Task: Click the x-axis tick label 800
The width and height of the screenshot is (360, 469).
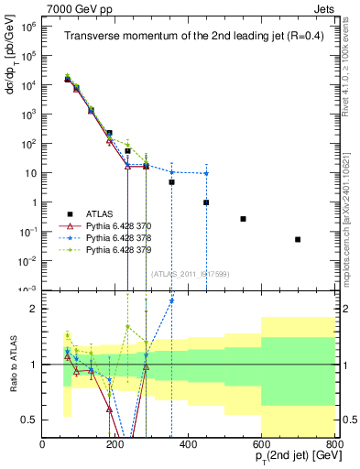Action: click(333, 444)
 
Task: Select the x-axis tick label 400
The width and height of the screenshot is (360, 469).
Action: click(188, 444)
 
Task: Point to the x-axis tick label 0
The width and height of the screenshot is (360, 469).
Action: click(43, 444)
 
